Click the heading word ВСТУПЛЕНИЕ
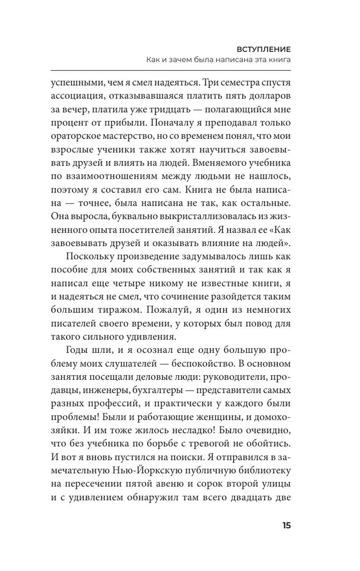click(x=264, y=49)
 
